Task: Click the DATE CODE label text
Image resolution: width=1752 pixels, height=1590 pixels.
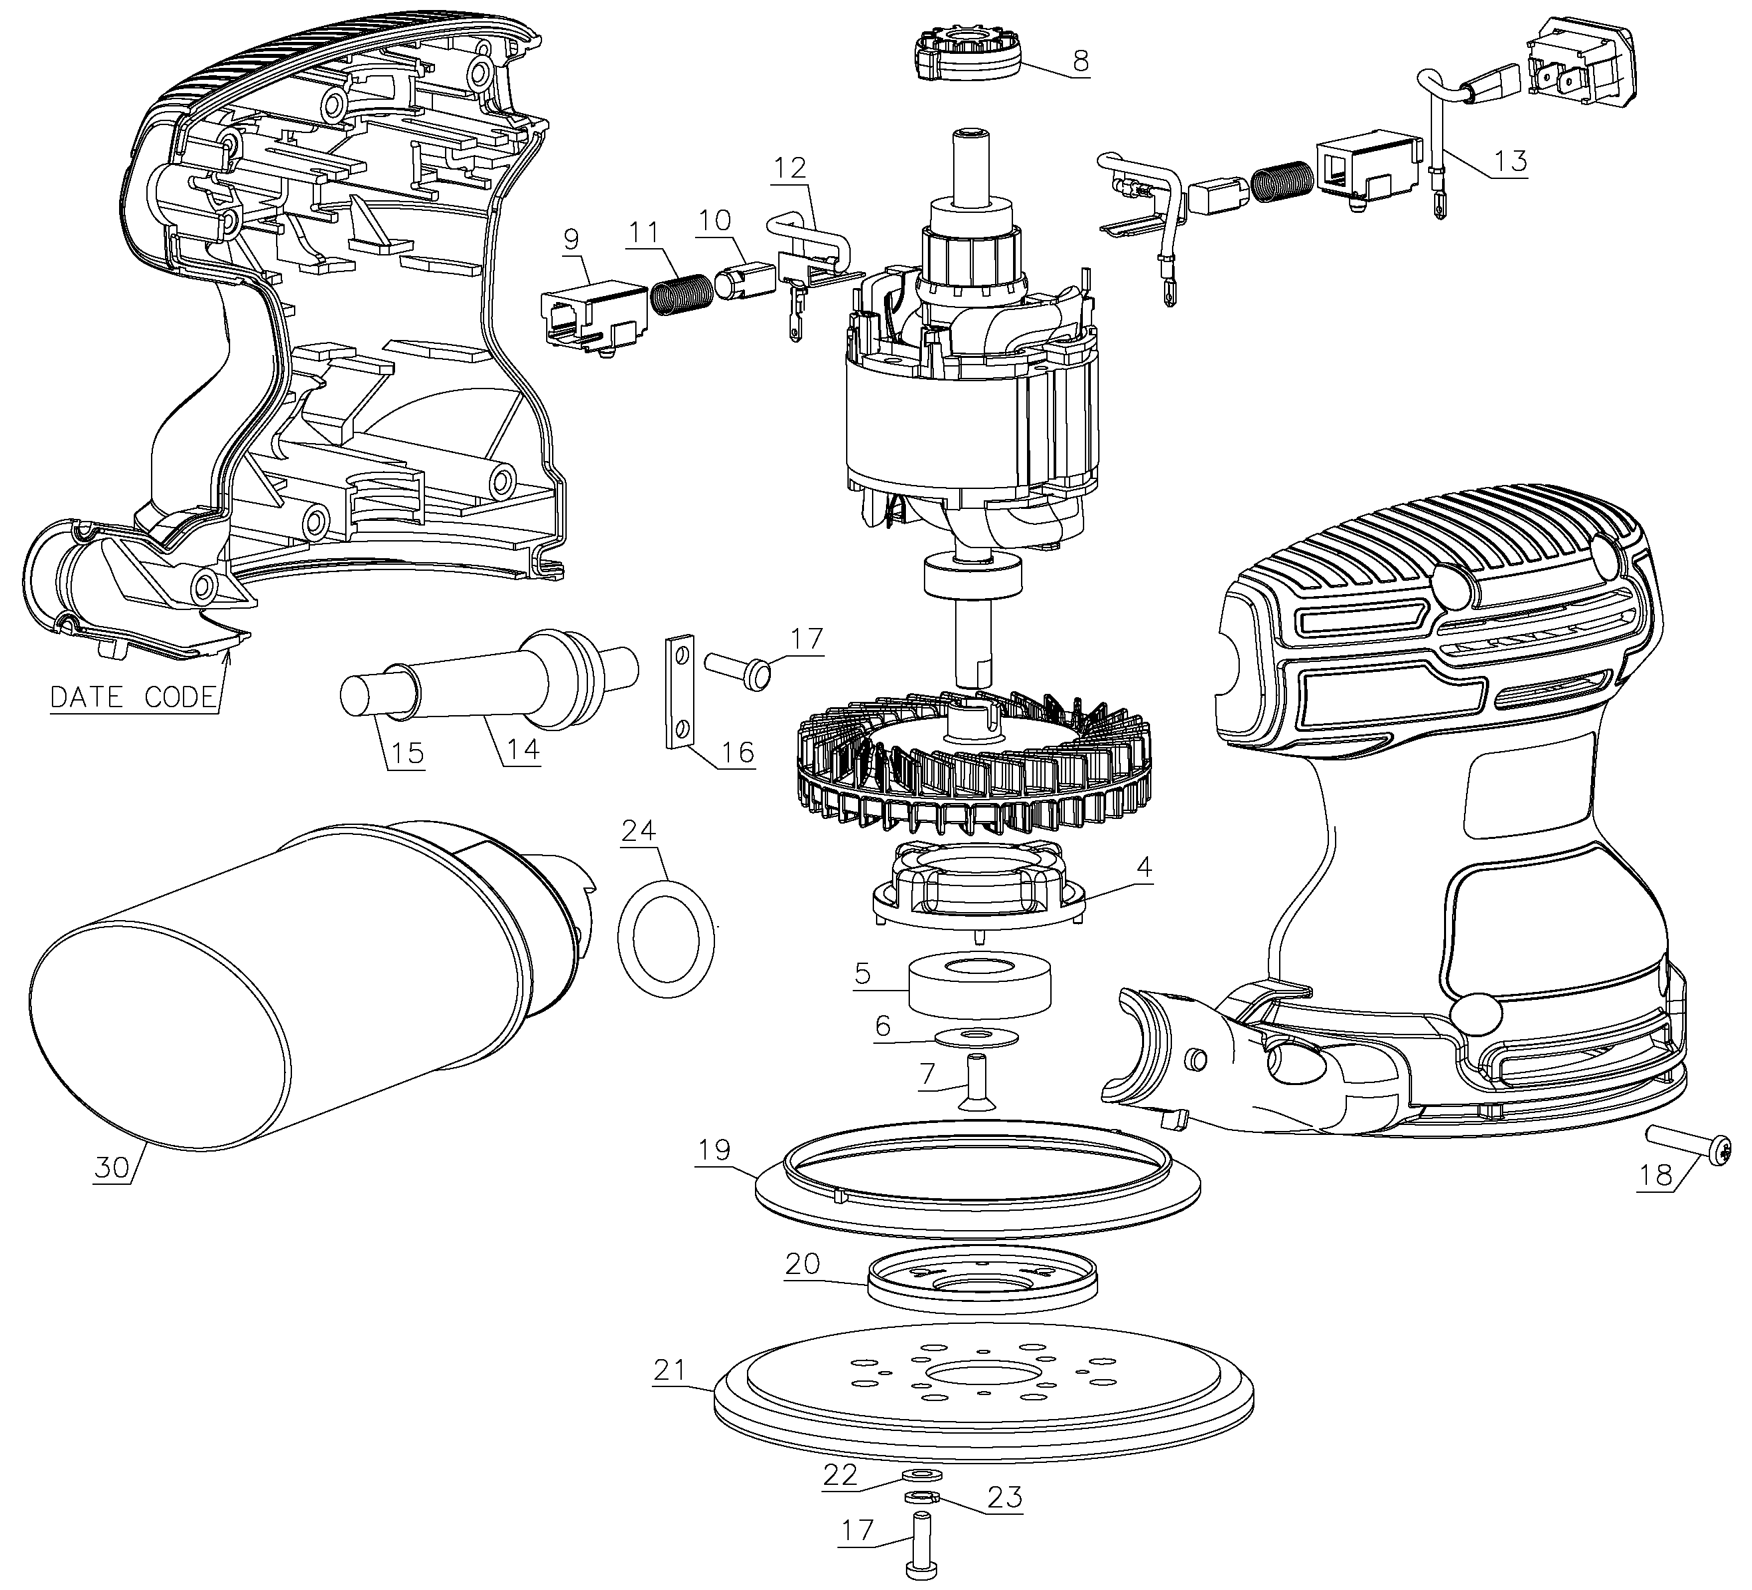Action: coord(132,697)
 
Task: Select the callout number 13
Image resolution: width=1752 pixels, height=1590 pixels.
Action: coord(1511,161)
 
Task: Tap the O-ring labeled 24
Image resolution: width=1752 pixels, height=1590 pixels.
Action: coord(666,939)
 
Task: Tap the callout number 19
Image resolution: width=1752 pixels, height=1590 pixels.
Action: coord(714,1150)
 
